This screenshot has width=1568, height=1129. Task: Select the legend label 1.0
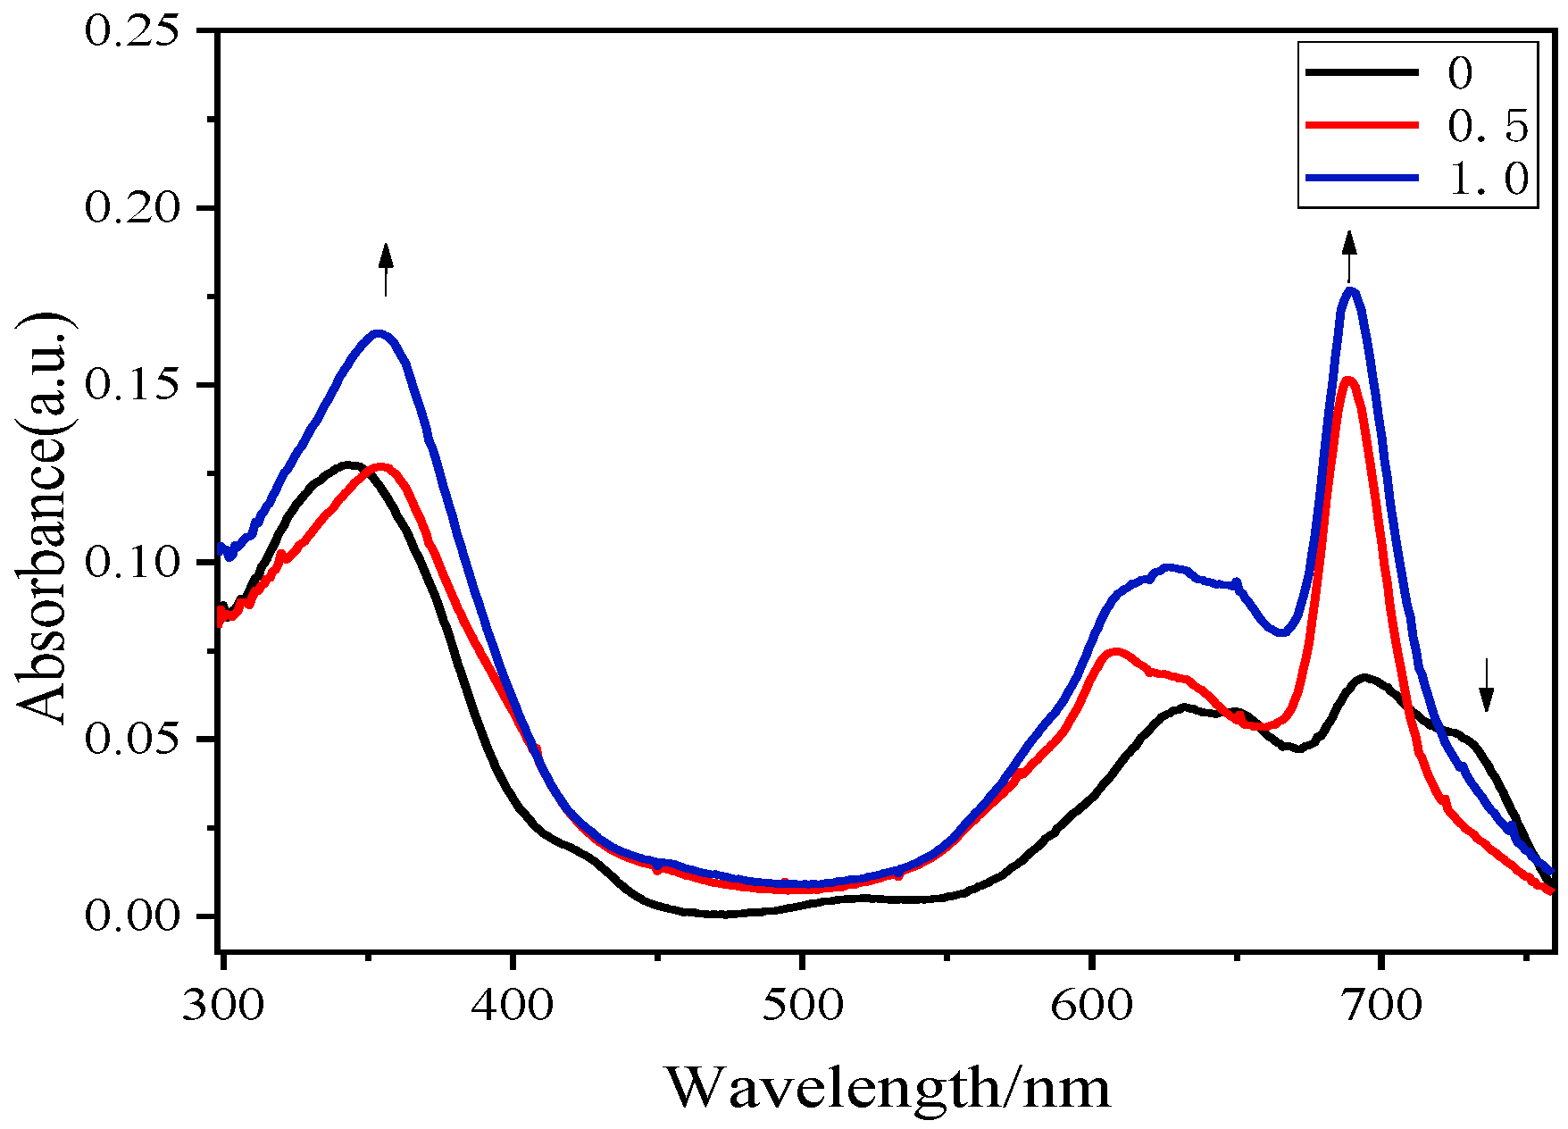point(1488,179)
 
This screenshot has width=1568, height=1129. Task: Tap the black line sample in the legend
point(1362,71)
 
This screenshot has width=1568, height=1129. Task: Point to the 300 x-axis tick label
point(223,1006)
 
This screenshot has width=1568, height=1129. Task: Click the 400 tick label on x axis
point(513,1006)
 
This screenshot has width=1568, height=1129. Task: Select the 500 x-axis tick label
point(802,1006)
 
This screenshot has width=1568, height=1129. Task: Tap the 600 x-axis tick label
point(1091,1006)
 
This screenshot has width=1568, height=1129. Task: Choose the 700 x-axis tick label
point(1380,1006)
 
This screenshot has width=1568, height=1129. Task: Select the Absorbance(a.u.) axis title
point(43,518)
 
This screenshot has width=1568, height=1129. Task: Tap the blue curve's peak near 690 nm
point(1351,290)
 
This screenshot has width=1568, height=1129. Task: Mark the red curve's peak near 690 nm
point(1348,381)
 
